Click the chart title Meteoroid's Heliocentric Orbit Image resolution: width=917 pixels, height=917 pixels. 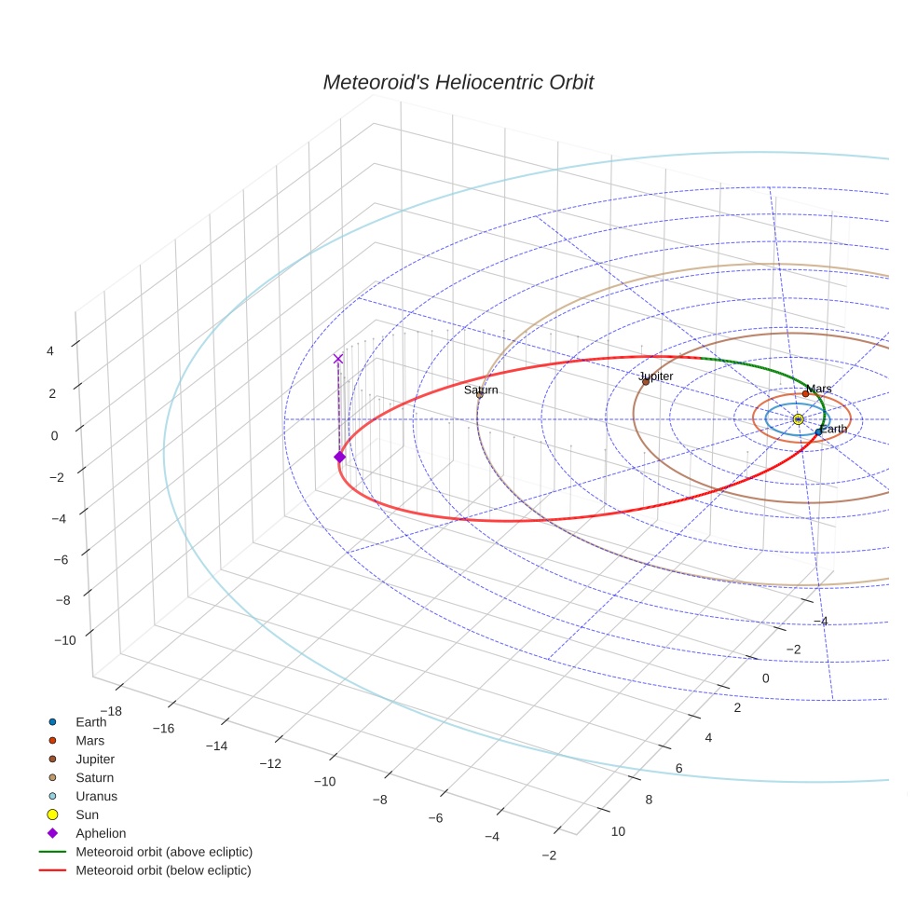[x=458, y=83]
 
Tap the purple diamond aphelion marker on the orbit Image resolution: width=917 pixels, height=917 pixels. [x=339, y=457]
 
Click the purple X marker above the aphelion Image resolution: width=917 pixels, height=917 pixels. [x=338, y=359]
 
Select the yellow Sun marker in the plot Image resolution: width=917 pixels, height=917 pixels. [x=798, y=419]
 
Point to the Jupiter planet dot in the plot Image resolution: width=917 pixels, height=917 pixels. [x=645, y=381]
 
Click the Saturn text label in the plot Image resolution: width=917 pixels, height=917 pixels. [x=481, y=390]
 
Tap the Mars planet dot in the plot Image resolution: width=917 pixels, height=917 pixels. [x=805, y=393]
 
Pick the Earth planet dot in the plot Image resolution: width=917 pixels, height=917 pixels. [x=818, y=431]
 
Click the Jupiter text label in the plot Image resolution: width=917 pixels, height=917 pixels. [x=656, y=376]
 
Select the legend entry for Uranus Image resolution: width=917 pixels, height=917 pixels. [x=96, y=796]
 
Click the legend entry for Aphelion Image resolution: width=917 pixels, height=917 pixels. [x=100, y=833]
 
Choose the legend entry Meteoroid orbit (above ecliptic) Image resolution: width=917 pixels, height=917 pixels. [x=163, y=852]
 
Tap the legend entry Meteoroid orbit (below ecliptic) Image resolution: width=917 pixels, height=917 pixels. [x=163, y=870]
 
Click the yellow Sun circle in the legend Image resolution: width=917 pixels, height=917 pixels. [x=53, y=814]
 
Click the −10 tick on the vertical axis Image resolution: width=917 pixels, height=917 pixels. [x=64, y=640]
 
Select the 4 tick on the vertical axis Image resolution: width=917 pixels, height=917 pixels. [x=52, y=350]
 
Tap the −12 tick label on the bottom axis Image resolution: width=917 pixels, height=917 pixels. [x=270, y=764]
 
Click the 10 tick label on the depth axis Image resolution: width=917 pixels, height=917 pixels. [x=617, y=831]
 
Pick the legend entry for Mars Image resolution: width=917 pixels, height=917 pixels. [x=89, y=740]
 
